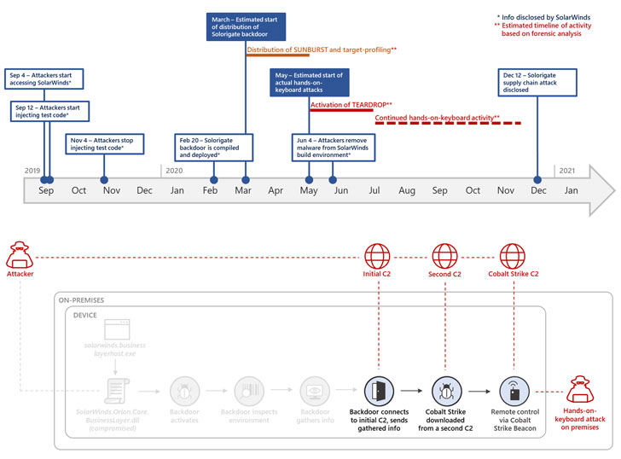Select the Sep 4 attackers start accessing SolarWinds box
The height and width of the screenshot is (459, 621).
[44, 78]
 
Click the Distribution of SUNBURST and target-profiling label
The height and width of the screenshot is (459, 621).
[322, 50]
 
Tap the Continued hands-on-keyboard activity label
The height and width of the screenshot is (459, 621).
[437, 117]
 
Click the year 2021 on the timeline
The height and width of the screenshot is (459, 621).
[566, 171]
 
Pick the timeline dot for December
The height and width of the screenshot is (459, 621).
[537, 179]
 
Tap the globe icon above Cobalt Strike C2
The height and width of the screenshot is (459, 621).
[513, 255]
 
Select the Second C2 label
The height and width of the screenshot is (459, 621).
[444, 275]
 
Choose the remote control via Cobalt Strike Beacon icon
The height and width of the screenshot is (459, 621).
[513, 392]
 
